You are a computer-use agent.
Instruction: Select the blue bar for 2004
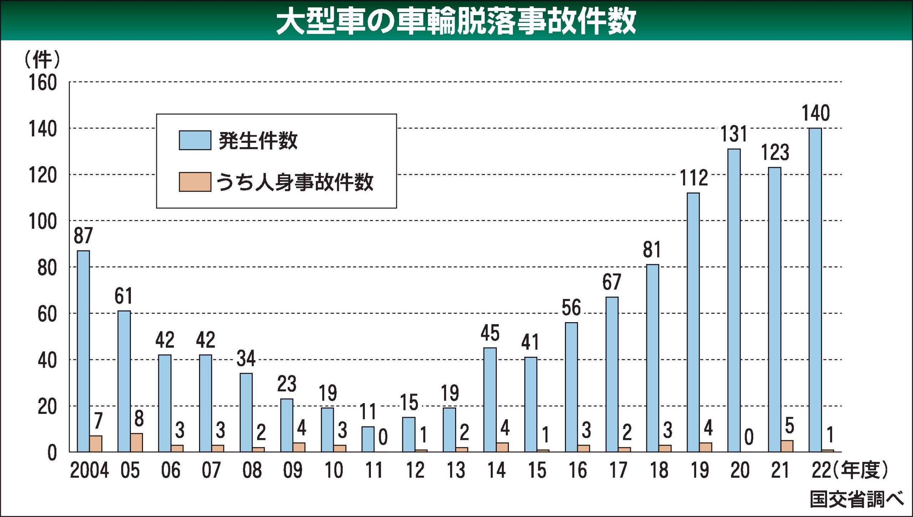[83, 351]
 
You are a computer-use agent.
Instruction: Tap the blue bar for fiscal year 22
[815, 290]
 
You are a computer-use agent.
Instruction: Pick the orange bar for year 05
[137, 443]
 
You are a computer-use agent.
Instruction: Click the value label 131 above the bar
[734, 134]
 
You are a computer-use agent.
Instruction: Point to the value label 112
[693, 178]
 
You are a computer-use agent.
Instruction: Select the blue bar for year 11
[368, 439]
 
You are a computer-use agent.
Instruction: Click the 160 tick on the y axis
[43, 83]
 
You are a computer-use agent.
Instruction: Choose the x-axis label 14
[496, 470]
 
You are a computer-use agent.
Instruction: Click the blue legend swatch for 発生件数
[195, 140]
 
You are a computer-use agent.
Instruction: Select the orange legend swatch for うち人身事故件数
[195, 182]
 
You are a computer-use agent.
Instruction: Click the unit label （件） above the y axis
[42, 59]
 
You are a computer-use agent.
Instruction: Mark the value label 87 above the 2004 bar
[83, 236]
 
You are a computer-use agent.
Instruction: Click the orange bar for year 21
[787, 446]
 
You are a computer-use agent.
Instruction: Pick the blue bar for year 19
[693, 322]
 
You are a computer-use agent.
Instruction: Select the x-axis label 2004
[89, 470]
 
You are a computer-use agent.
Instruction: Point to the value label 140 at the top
[816, 113]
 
